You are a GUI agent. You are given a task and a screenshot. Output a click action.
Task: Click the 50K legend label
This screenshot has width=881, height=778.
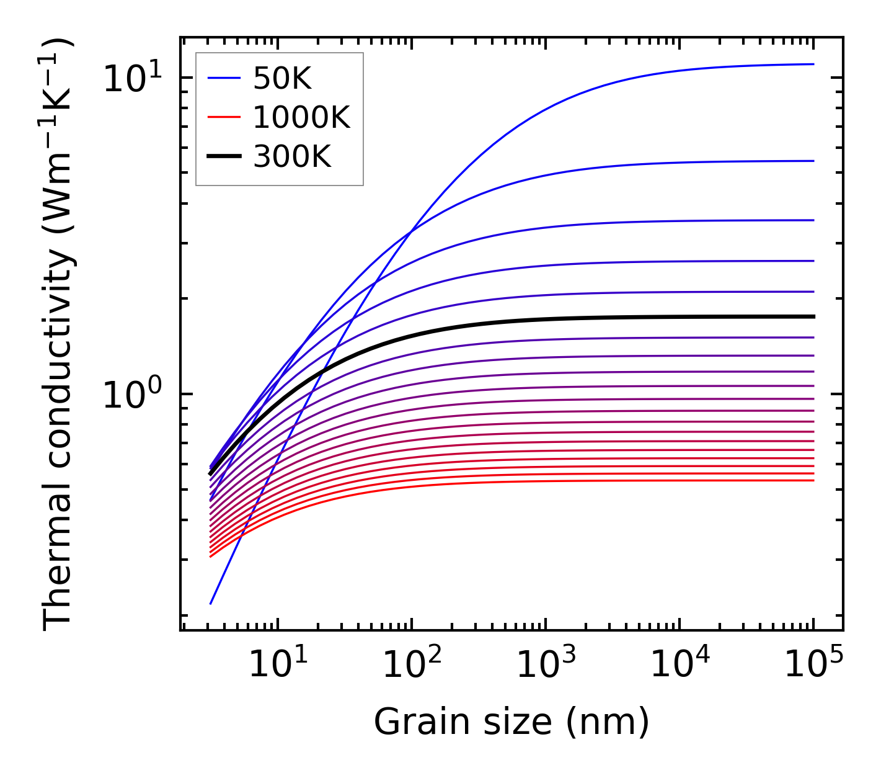282,78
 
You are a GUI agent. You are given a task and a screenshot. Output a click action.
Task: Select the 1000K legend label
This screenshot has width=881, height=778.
301,117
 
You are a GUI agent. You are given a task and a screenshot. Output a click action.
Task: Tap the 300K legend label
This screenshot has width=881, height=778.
292,157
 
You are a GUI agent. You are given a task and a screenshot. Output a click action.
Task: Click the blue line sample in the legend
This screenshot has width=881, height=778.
224,78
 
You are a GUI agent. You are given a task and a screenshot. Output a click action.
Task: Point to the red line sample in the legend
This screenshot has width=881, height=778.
224,117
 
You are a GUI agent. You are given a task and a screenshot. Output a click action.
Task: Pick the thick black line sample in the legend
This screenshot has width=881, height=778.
224,157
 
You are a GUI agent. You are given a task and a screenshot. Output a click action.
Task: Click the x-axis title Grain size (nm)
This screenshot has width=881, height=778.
511,722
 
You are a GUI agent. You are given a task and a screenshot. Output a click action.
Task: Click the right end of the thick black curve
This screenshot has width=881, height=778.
813,316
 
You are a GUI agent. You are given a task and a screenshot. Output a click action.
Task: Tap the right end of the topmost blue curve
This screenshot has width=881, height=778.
813,64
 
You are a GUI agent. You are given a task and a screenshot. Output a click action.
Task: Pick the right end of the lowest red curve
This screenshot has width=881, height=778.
813,480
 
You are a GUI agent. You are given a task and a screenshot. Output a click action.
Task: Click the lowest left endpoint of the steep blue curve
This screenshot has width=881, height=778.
211,603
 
